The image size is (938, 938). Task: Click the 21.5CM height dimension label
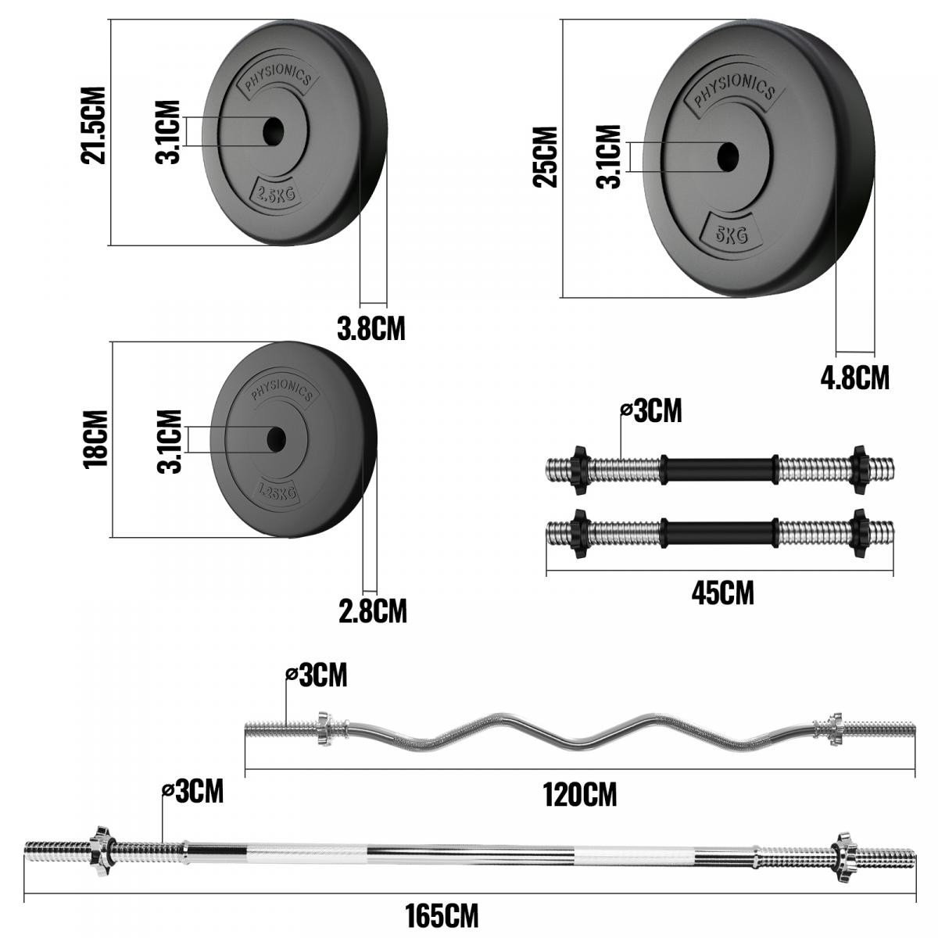point(93,125)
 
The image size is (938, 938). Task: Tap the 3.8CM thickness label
point(371,328)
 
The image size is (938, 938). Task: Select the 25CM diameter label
point(545,156)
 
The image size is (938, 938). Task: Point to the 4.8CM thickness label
point(855,378)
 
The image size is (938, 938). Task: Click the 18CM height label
point(95,439)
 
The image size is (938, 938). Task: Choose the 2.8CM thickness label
point(373,611)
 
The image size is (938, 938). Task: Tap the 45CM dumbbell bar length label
point(723,593)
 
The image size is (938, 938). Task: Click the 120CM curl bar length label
point(580,794)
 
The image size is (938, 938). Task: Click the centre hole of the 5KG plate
point(728,157)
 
